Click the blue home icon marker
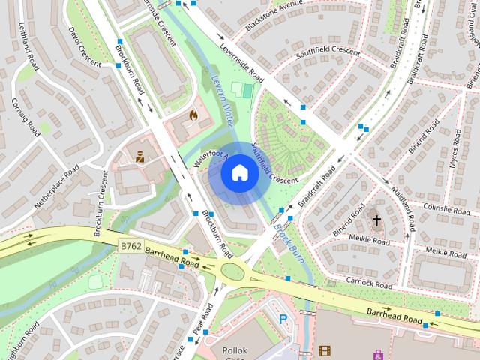point(239,173)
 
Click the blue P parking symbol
point(283,319)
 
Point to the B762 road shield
point(130,245)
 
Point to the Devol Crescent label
point(85,46)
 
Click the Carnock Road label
point(369,285)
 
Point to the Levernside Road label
point(242,62)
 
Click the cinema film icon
point(324,349)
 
